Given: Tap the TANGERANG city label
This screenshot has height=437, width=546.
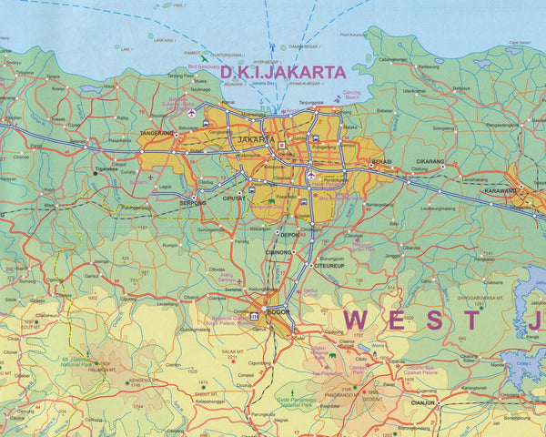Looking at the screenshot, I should pyautogui.click(x=157, y=133).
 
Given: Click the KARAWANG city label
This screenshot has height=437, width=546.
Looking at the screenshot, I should pyautogui.click(x=500, y=190).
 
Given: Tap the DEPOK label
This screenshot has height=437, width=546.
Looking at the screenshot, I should pyautogui.click(x=289, y=234).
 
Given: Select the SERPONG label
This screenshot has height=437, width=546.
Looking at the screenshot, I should pyautogui.click(x=192, y=203).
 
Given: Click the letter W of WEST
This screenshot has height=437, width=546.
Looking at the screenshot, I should pyautogui.click(x=361, y=320).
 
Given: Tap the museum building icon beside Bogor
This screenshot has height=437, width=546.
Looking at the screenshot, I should pyautogui.click(x=254, y=316).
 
